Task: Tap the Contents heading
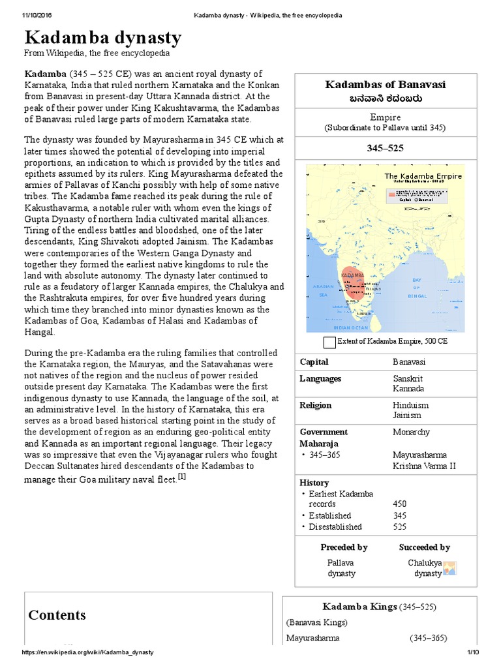[57, 615]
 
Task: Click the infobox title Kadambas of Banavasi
[386, 85]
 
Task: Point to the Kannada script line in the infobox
[386, 98]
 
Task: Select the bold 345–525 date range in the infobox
[386, 148]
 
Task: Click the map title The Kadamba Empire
[423, 176]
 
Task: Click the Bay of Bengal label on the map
[417, 288]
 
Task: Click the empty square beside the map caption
[329, 342]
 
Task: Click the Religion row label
[316, 405]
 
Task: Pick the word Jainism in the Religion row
[407, 415]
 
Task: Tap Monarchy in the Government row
[412, 432]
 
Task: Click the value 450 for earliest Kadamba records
[400, 504]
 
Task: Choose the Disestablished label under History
[335, 526]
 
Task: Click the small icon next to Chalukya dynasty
[450, 568]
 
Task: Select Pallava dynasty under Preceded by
[341, 568]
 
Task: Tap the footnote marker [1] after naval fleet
[183, 478]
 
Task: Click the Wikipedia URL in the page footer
[88, 652]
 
